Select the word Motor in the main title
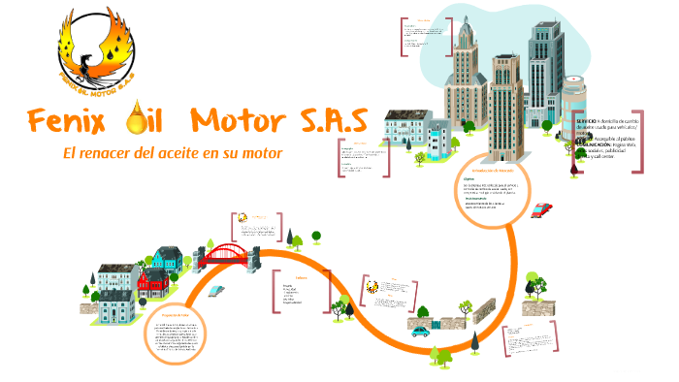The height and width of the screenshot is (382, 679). (238, 123)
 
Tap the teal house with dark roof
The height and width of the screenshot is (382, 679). (167, 260)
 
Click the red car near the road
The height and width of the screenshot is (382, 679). (541, 209)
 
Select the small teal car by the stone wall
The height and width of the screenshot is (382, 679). (420, 331)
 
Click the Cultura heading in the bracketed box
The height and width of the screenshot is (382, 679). (301, 277)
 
